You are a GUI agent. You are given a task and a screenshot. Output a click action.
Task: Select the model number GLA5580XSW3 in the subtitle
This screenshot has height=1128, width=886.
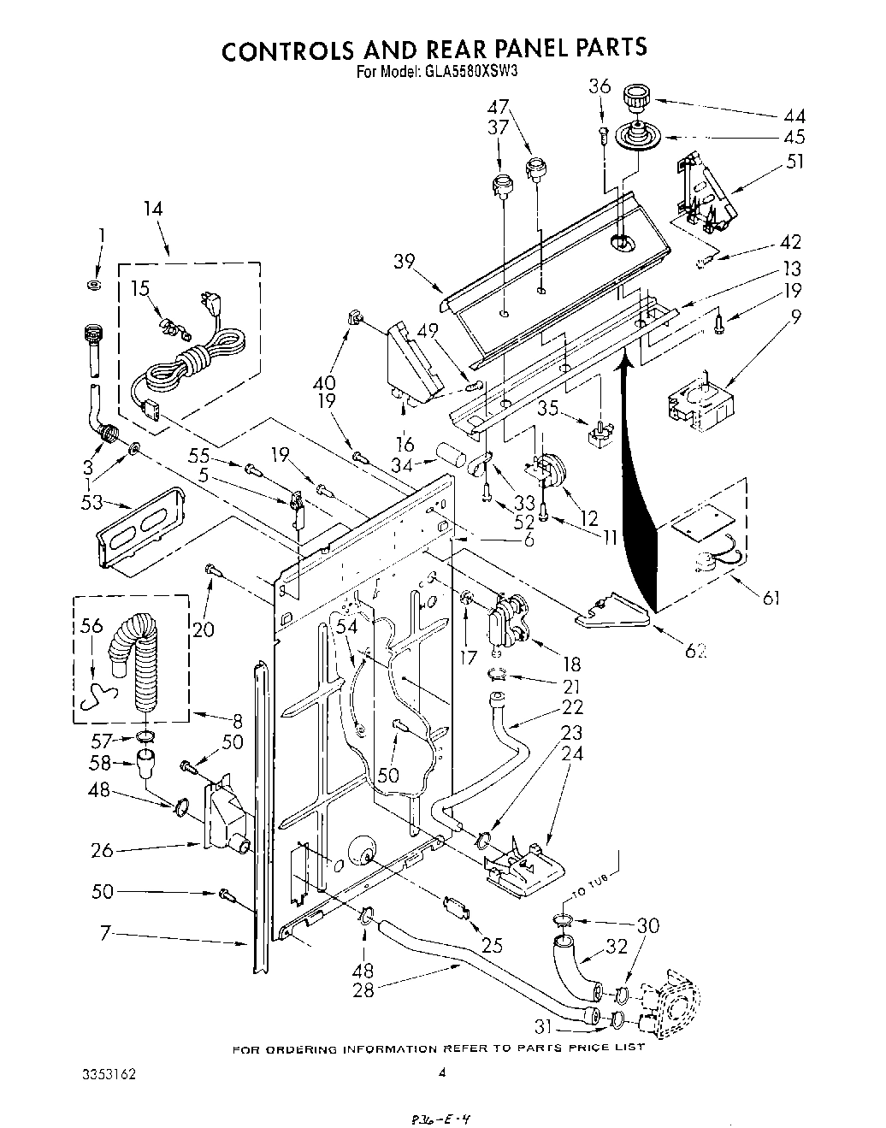tap(470, 74)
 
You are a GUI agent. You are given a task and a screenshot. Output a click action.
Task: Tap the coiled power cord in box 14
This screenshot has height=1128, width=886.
tap(192, 359)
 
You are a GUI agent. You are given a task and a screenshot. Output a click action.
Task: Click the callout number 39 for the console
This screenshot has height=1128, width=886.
tap(405, 262)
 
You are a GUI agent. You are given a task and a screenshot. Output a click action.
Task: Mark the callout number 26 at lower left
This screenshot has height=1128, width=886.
tap(102, 851)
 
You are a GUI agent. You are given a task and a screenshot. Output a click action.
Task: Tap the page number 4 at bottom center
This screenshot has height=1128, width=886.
tap(442, 1074)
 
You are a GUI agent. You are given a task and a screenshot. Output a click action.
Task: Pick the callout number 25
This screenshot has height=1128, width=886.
tap(492, 945)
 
